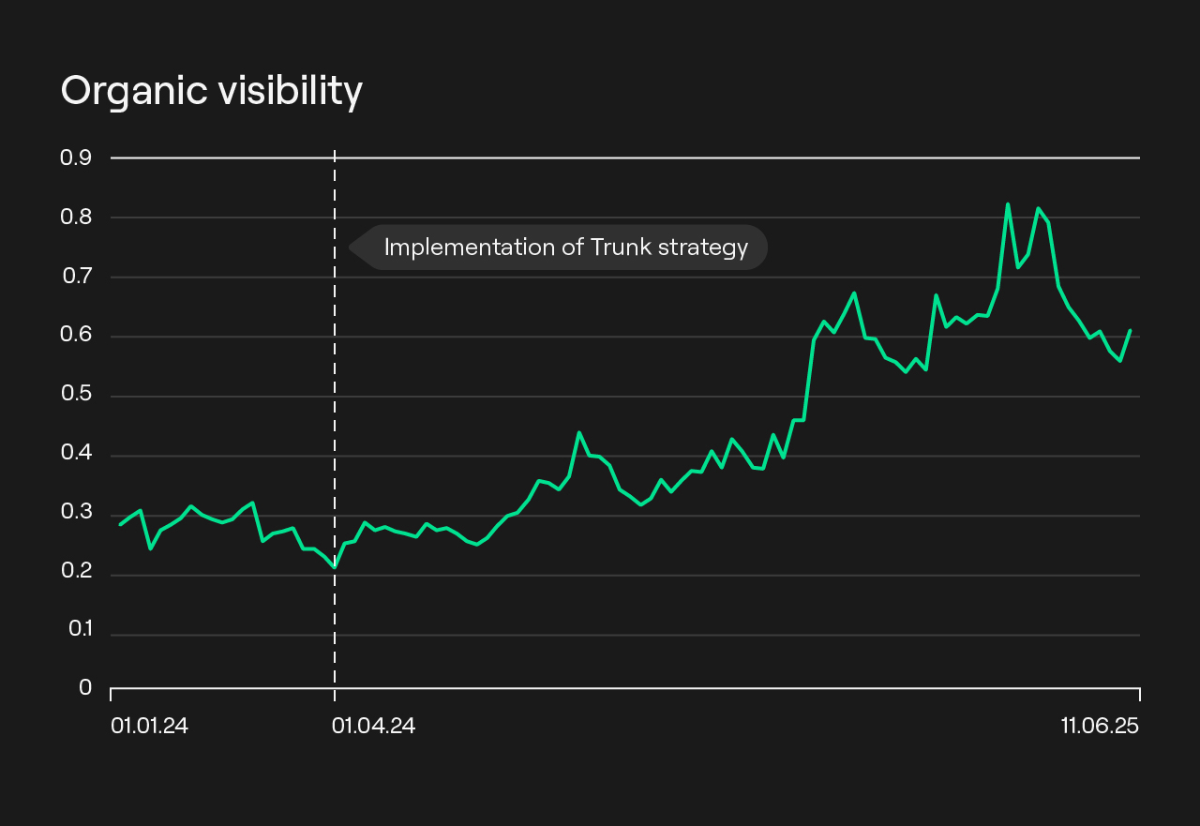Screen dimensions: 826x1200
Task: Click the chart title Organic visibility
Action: pos(211,92)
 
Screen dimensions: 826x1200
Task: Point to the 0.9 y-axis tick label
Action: pos(76,158)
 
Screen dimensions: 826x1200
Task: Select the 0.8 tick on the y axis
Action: pos(76,217)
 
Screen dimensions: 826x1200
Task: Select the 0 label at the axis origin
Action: pos(85,688)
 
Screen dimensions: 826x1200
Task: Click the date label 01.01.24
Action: pos(149,726)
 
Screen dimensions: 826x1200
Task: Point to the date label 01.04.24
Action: pos(373,726)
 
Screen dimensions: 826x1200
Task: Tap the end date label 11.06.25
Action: pos(1100,726)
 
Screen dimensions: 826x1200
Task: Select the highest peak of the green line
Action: pos(1008,204)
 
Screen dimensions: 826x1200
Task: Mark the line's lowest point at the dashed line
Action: pos(335,567)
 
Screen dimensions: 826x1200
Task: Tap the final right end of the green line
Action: pos(1131,330)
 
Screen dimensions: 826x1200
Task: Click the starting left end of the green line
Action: pos(120,524)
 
